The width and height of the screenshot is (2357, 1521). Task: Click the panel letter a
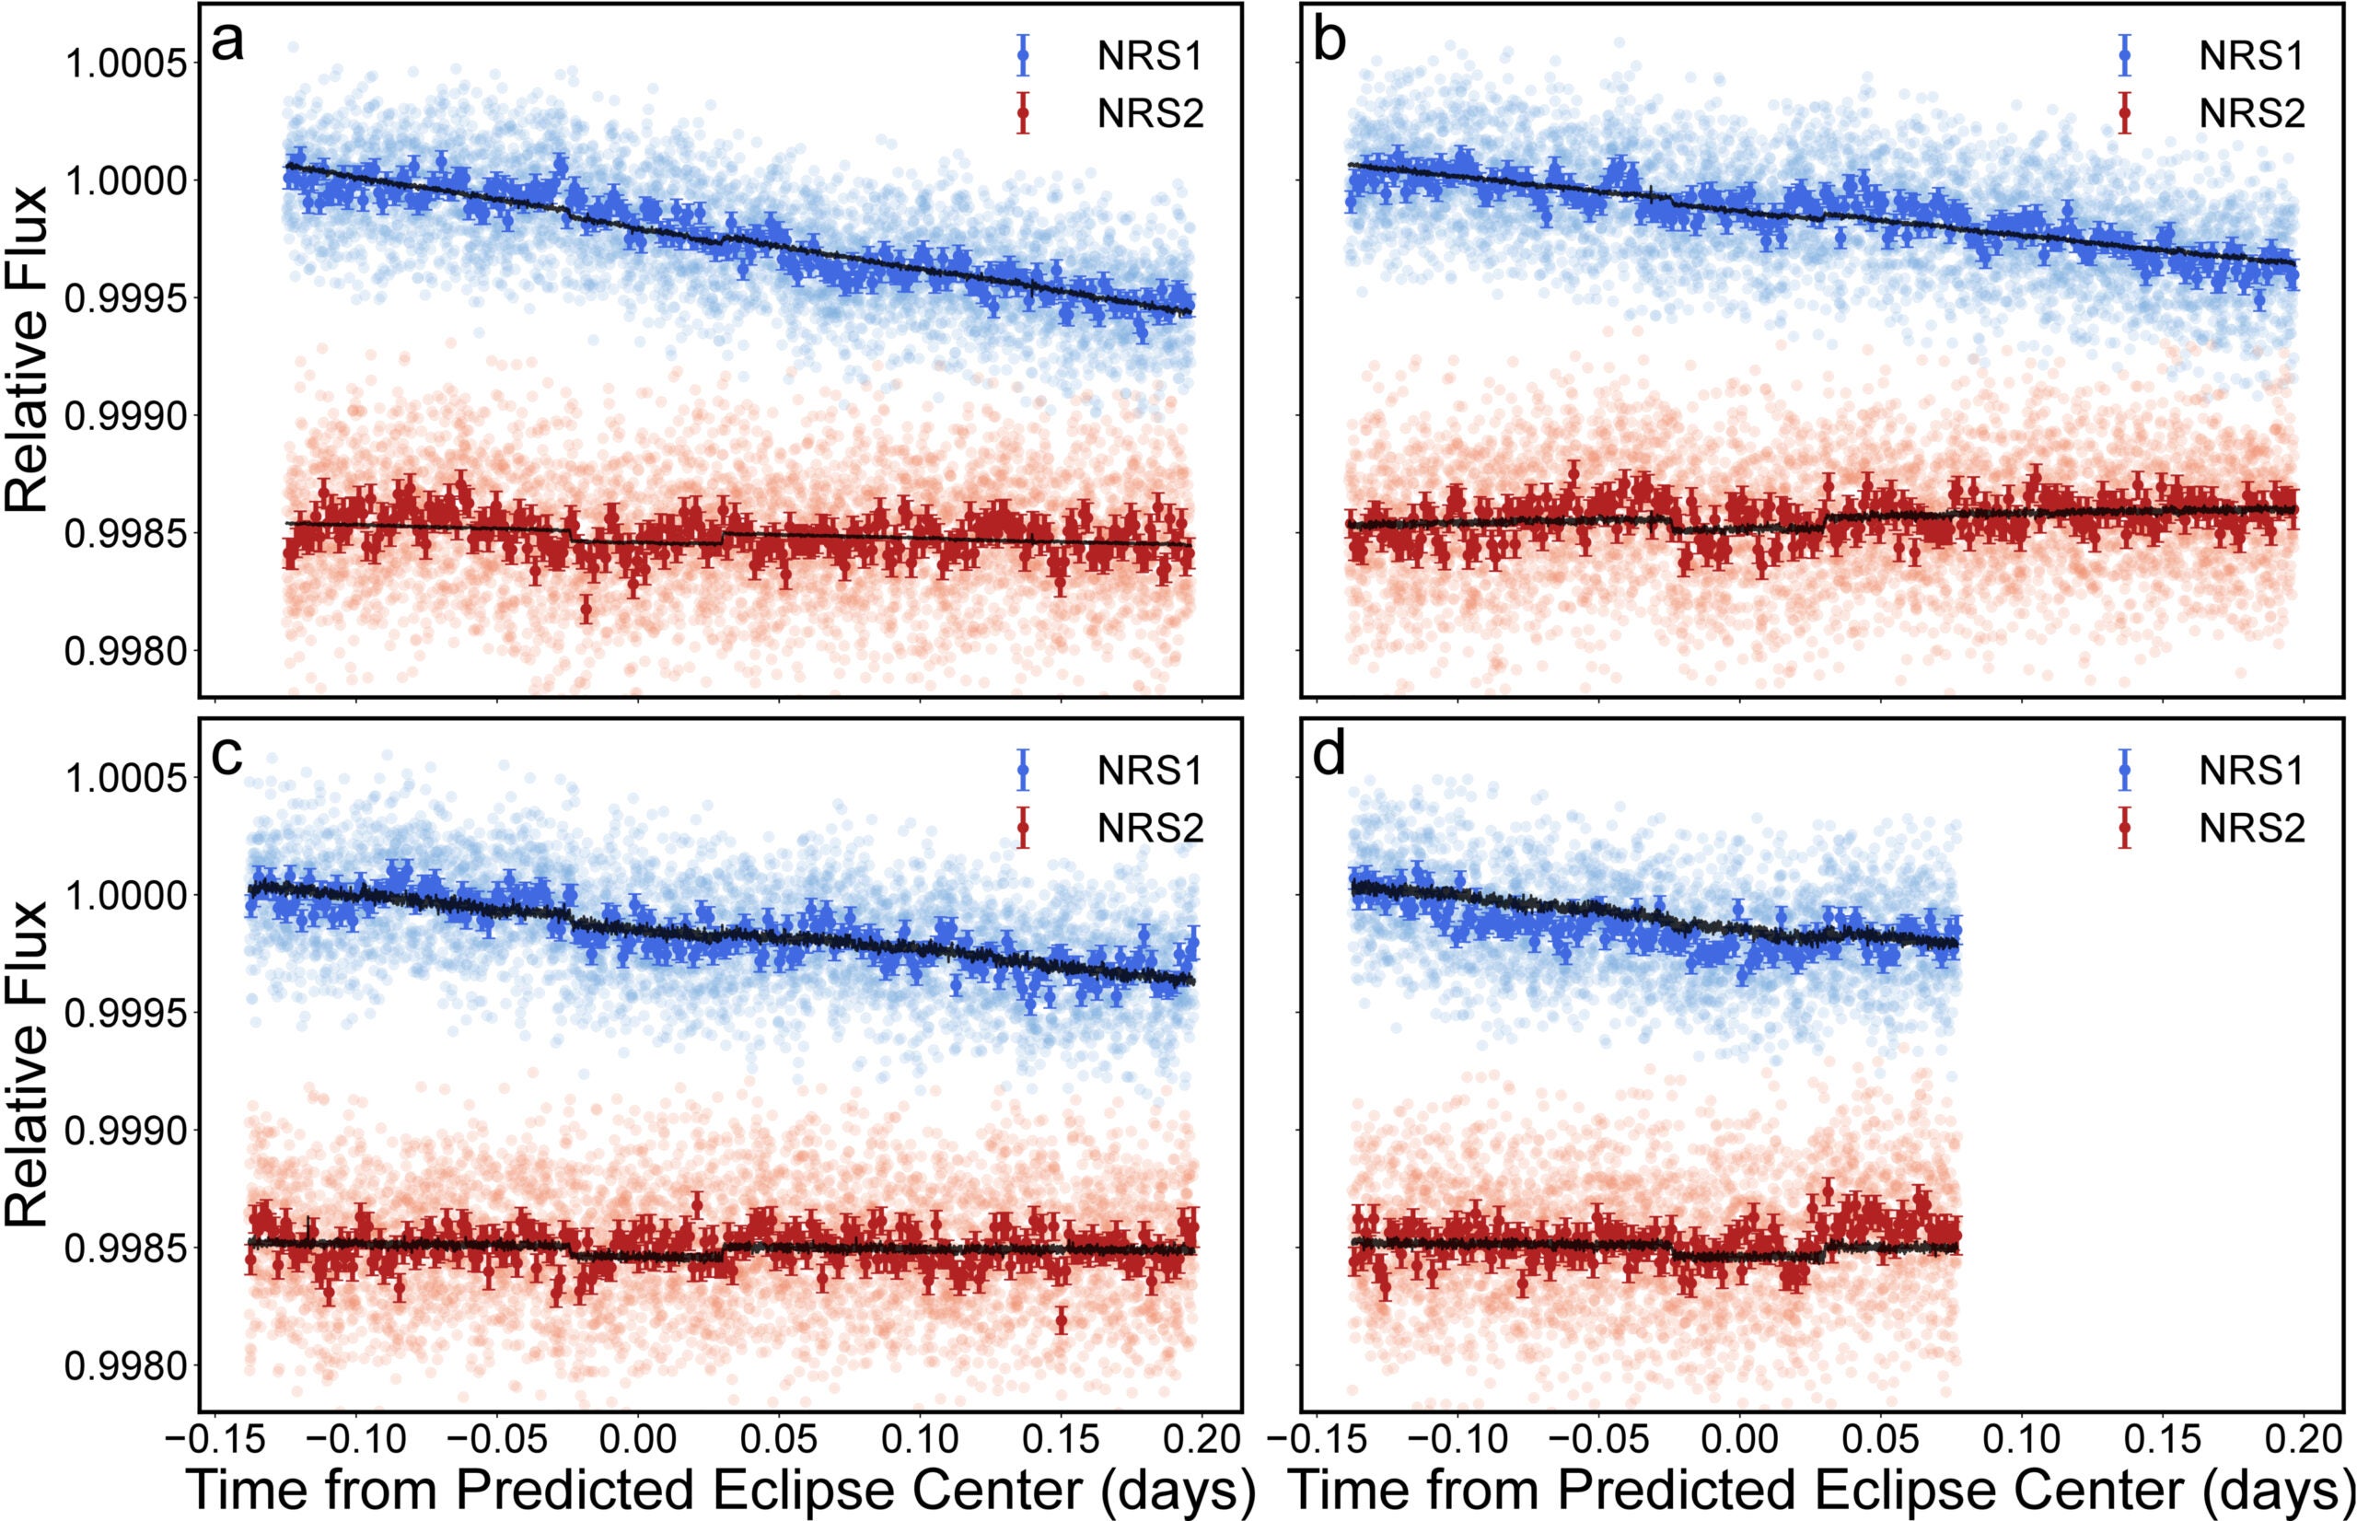pyautogui.click(x=228, y=43)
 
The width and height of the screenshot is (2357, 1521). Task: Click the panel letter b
pyautogui.click(x=1330, y=43)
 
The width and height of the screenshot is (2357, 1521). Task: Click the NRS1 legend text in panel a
pyautogui.click(x=1149, y=56)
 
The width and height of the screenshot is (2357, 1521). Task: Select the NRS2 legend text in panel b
pyautogui.click(x=2251, y=113)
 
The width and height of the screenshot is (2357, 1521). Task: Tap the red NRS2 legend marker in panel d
pyautogui.click(x=2125, y=827)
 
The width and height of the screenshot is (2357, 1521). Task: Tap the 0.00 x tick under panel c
pyautogui.click(x=637, y=1438)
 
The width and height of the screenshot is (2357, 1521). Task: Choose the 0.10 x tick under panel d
pyautogui.click(x=2021, y=1438)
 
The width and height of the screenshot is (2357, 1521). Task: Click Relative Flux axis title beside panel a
pyautogui.click(x=28, y=348)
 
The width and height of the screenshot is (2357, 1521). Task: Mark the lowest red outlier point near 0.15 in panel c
pyautogui.click(x=1062, y=1319)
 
